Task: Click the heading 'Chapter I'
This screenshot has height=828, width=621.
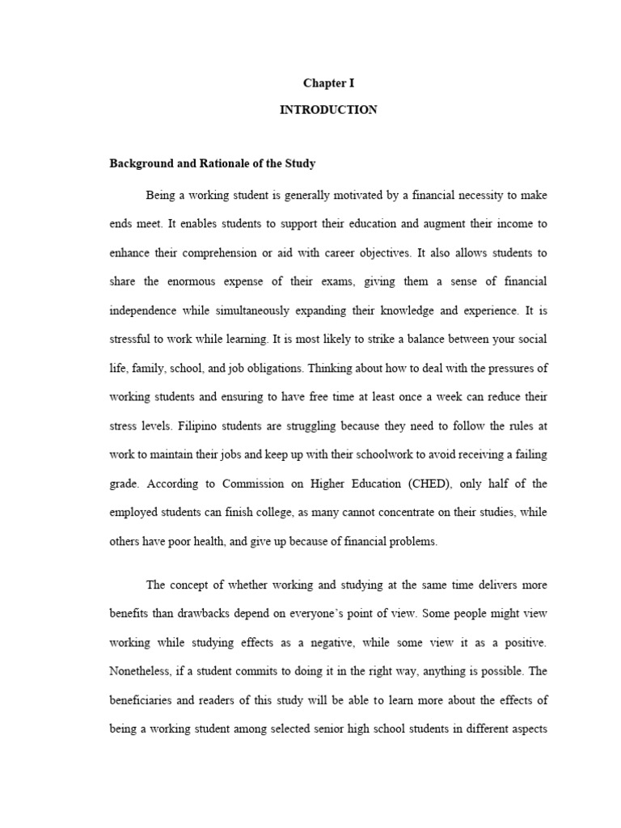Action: coord(328,82)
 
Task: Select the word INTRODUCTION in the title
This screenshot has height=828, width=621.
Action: coord(328,110)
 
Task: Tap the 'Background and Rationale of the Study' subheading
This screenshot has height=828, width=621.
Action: coord(212,163)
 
